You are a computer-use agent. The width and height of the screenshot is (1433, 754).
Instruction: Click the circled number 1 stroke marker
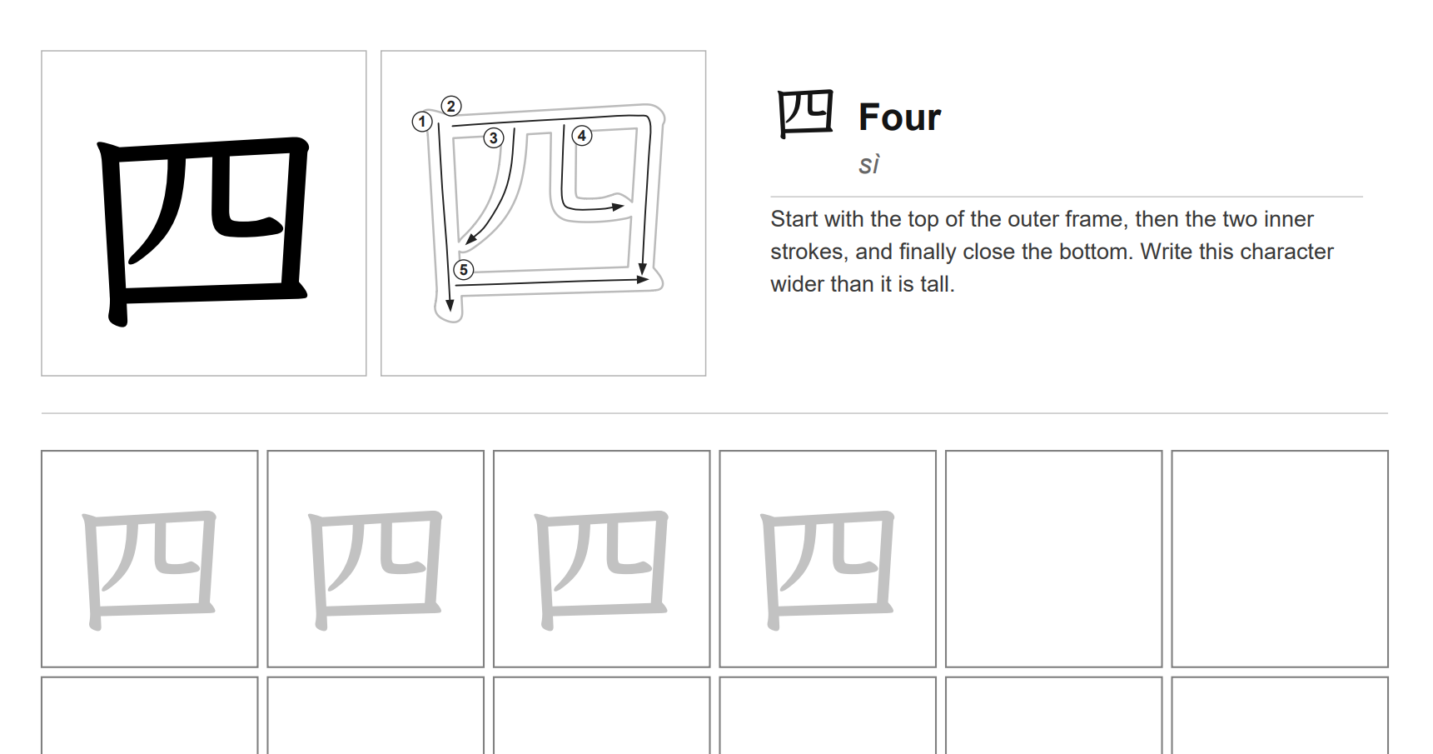click(422, 122)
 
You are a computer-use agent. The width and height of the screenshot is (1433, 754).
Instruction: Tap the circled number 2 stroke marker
click(451, 106)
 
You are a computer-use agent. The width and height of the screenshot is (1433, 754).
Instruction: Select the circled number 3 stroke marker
click(494, 137)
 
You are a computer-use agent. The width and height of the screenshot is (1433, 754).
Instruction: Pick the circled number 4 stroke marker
click(582, 135)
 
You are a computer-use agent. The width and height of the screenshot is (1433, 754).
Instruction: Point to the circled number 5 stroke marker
click(464, 269)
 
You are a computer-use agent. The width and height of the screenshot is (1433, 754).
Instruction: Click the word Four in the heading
click(899, 117)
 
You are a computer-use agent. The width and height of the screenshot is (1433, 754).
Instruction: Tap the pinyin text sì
click(868, 165)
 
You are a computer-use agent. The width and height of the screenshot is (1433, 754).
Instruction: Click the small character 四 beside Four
click(804, 114)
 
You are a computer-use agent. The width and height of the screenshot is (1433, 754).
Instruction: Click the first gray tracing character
click(150, 568)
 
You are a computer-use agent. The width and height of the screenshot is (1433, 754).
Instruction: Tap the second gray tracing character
click(376, 568)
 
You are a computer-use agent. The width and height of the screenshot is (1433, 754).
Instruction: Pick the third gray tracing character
click(601, 568)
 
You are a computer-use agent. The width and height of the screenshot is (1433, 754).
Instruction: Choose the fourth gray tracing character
click(828, 568)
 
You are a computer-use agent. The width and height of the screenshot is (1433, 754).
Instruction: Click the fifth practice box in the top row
click(1053, 558)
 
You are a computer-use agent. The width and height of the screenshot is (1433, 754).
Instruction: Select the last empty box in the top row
click(1279, 558)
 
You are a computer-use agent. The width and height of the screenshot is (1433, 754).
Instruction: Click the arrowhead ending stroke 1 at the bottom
click(450, 306)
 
